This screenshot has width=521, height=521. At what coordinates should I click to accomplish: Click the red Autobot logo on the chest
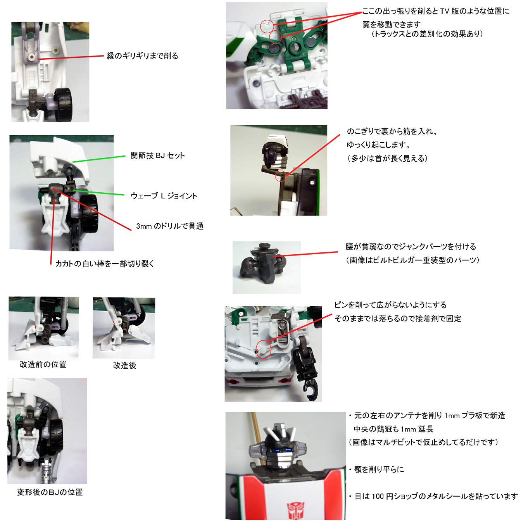click(296, 510)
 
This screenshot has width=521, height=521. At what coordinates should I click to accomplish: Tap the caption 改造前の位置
click(43, 364)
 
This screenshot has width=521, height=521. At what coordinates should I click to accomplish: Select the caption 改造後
click(125, 366)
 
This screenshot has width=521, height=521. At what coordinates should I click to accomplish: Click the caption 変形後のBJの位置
click(50, 492)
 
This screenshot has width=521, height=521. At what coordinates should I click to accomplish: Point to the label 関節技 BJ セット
click(158, 155)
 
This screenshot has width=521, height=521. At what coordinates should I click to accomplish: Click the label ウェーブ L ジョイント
click(164, 196)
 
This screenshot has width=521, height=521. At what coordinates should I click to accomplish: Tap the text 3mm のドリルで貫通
click(170, 226)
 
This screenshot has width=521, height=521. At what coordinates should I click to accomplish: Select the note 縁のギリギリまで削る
click(143, 56)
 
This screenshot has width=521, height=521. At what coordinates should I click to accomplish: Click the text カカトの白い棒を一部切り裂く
click(105, 264)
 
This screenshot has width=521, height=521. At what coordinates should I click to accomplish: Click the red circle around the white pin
click(263, 349)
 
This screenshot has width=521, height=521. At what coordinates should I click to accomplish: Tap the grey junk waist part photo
click(267, 267)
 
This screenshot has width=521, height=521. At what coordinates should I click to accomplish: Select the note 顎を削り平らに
click(376, 469)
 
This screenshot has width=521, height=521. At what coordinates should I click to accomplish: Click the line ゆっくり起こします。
click(379, 145)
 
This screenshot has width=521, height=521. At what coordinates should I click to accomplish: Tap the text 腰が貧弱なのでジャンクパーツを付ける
click(411, 247)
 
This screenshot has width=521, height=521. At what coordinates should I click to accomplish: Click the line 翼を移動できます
click(392, 24)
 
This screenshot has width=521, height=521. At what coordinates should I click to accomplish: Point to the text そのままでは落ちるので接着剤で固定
click(398, 319)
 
